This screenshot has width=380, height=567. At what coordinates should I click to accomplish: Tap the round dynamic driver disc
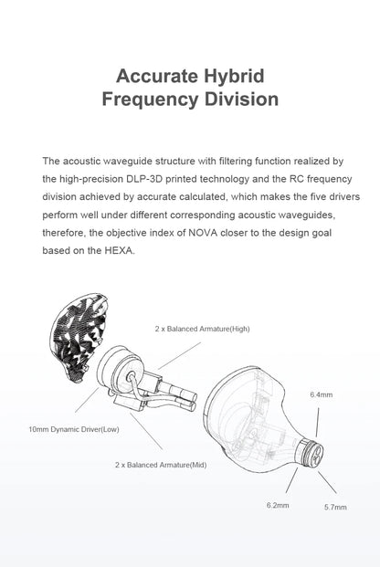click(117, 373)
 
